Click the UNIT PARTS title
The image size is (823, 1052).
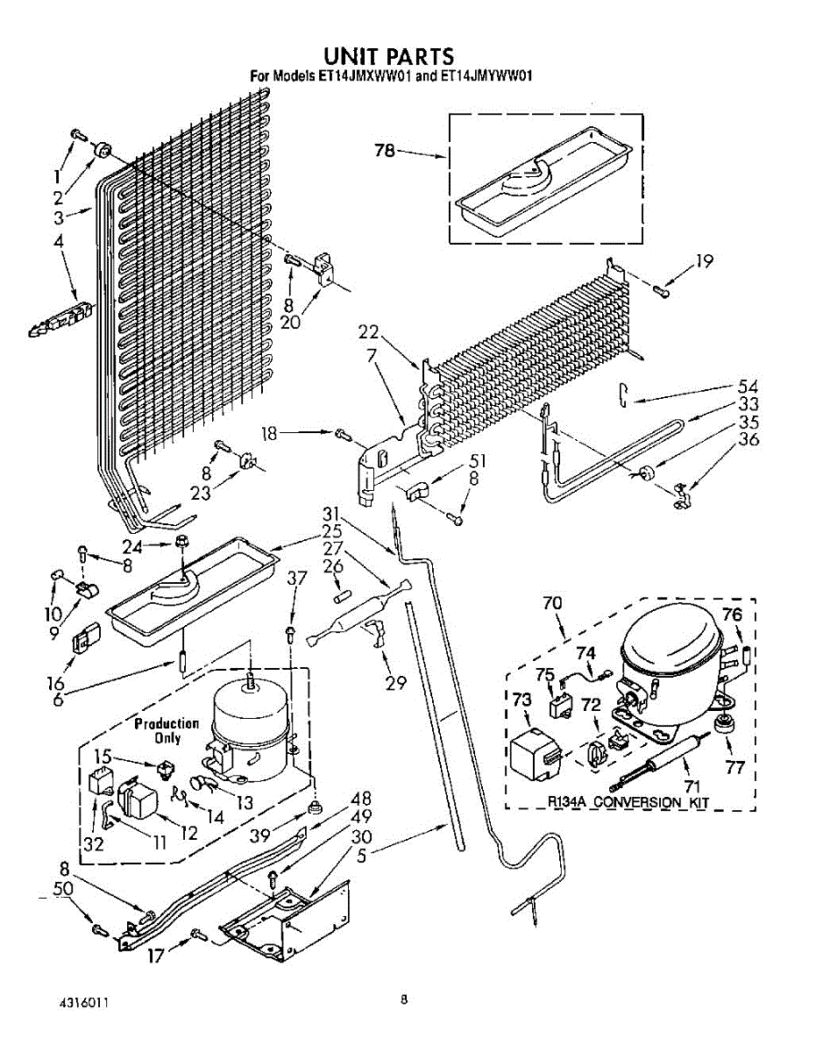388,57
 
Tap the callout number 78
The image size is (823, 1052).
385,151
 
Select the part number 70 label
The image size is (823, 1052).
552,603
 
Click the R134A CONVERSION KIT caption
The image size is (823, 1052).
628,802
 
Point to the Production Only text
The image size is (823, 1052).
167,730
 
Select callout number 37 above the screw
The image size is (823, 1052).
297,579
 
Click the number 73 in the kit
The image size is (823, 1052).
521,699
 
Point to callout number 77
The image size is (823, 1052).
734,768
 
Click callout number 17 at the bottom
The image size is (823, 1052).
155,958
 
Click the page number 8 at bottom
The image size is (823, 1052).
404,999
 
